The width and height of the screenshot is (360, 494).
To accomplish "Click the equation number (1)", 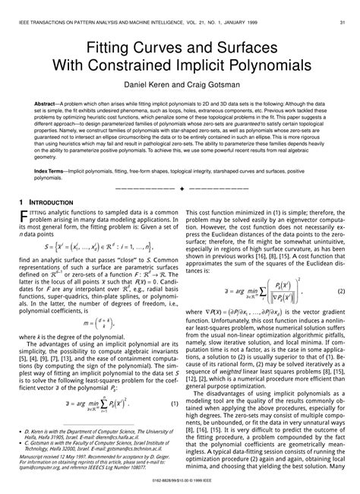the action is [172, 403].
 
